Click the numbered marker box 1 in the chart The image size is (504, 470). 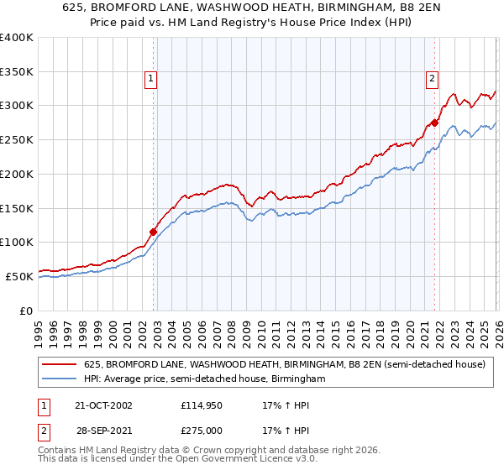[150, 80]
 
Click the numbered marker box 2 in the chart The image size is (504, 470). [432, 80]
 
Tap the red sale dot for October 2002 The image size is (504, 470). [154, 232]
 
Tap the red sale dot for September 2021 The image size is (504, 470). [434, 123]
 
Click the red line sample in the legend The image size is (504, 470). [60, 365]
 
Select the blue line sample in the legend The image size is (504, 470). [60, 379]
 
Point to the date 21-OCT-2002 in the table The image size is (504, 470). [104, 405]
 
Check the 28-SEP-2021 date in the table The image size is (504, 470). [104, 430]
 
